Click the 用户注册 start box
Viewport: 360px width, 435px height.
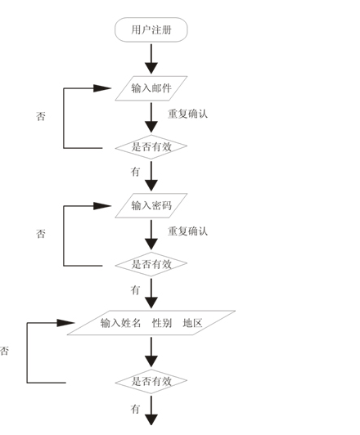pos(151,29)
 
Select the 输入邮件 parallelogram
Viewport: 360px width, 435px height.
pos(151,88)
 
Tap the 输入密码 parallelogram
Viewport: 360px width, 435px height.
pos(151,205)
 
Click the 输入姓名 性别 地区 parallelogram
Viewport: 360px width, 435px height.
pos(151,323)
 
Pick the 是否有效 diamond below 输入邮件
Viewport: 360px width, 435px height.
pos(151,147)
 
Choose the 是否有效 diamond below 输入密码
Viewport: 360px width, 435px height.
pos(151,264)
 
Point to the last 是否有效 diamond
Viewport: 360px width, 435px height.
pos(151,382)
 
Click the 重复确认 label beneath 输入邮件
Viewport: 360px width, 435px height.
pos(187,114)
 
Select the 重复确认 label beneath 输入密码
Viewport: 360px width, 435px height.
pos(187,231)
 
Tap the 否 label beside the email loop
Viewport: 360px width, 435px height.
pos(41,116)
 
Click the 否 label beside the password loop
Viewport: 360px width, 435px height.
pos(41,234)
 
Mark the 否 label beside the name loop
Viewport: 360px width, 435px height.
pos(4,352)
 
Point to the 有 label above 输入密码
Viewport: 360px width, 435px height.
pos(135,172)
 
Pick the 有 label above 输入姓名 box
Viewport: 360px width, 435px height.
pos(135,290)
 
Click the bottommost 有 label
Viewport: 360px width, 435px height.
pos(135,409)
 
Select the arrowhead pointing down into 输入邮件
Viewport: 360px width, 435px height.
pos(151,68)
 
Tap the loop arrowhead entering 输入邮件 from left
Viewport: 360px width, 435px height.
pos(102,88)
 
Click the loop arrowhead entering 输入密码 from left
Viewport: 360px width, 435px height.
pos(102,206)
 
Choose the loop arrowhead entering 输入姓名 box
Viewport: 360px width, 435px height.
pos(65,323)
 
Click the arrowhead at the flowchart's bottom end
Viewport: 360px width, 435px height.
pos(151,419)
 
